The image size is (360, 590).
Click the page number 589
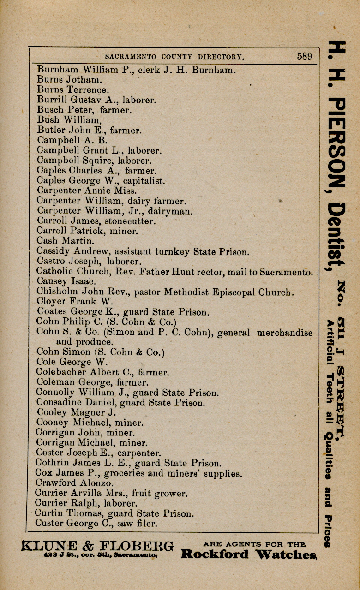tap(304, 56)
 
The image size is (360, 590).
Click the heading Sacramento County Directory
tap(174, 57)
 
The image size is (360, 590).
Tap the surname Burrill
tap(51, 100)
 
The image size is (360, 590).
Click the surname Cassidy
tap(52, 252)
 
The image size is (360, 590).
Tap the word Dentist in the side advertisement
tap(336, 235)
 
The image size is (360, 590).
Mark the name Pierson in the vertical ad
tap(336, 143)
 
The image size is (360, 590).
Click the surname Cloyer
tap(50, 302)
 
